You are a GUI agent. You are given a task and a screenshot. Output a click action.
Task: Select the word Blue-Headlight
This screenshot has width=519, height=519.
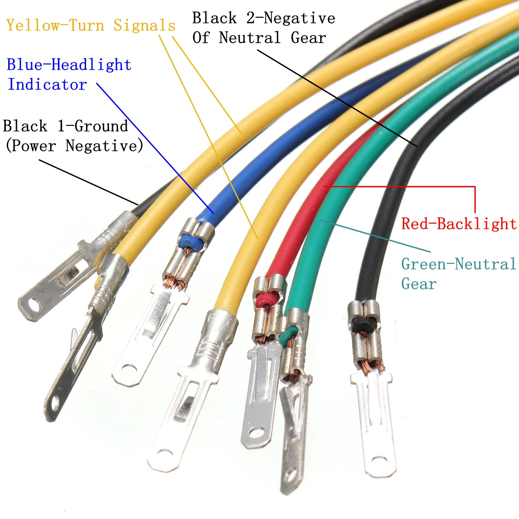(69, 65)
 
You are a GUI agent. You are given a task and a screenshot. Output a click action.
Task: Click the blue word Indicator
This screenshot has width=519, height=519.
(47, 84)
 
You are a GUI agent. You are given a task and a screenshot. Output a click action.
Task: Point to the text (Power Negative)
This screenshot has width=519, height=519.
(74, 146)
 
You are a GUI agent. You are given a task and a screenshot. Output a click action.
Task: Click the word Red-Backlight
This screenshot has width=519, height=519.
(459, 224)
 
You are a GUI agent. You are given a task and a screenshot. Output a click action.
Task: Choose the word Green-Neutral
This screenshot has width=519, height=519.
(459, 264)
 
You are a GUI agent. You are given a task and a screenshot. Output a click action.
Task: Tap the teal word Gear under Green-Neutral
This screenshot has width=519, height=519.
(419, 284)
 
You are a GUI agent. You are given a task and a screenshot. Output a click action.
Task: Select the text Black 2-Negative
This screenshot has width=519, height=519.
(263, 18)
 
